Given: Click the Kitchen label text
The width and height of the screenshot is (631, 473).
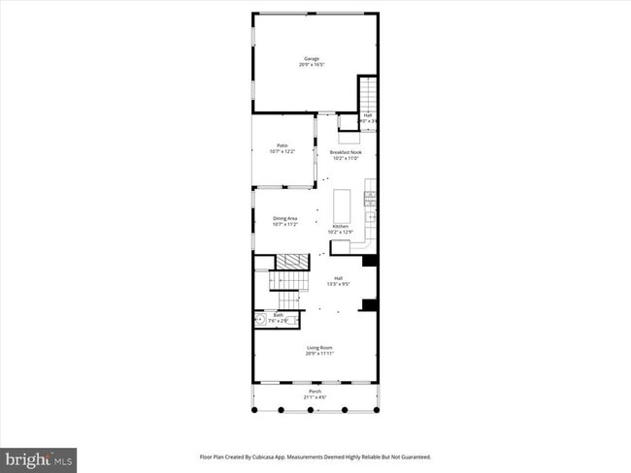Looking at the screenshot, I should tap(340, 226).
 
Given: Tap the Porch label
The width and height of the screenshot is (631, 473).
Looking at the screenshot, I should tap(312, 393).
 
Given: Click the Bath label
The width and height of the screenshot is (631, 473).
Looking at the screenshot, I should tap(278, 316).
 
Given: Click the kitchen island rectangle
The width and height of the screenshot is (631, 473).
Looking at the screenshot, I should tap(342, 205).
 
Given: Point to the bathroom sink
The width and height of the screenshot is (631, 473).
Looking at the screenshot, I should tap(260, 319).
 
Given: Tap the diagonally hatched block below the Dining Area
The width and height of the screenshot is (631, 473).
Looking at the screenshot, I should tap(293, 260).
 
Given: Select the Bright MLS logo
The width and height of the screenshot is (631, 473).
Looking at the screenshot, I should tap(39, 457).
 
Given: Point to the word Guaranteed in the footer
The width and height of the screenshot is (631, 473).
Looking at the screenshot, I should tap(412, 457).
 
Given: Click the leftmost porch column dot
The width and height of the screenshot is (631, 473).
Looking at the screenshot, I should tap(254, 410).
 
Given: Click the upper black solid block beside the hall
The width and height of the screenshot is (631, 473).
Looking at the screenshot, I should tap(369, 260).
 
